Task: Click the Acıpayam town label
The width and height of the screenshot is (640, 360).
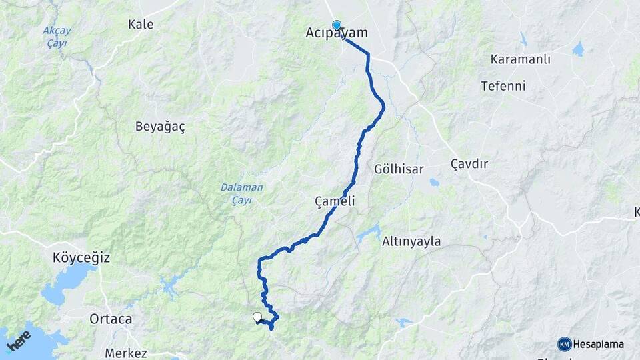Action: pyautogui.click(x=337, y=33)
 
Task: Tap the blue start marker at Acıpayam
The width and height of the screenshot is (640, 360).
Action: pyautogui.click(x=337, y=25)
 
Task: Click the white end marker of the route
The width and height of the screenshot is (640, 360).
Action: pyautogui.click(x=257, y=317)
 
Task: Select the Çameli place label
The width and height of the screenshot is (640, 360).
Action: pyautogui.click(x=335, y=201)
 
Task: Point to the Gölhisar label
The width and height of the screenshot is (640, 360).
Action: pyautogui.click(x=399, y=169)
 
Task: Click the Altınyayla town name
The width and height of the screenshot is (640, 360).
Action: pyautogui.click(x=411, y=242)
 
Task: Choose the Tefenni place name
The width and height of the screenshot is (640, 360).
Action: pyautogui.click(x=503, y=86)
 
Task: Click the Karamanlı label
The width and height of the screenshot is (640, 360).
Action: pyautogui.click(x=520, y=59)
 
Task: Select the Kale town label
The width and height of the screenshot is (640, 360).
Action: pyautogui.click(x=141, y=25)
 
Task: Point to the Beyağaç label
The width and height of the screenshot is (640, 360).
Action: pyautogui.click(x=160, y=126)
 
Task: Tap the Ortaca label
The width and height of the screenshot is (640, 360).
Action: pyautogui.click(x=111, y=319)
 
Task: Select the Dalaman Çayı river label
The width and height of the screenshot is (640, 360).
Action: pyautogui.click(x=242, y=193)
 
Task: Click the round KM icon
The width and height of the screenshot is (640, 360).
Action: pyautogui.click(x=565, y=344)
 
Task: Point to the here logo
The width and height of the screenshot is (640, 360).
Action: pyautogui.click(x=19, y=340)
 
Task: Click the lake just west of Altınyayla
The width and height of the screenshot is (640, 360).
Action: pyautogui.click(x=368, y=234)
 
